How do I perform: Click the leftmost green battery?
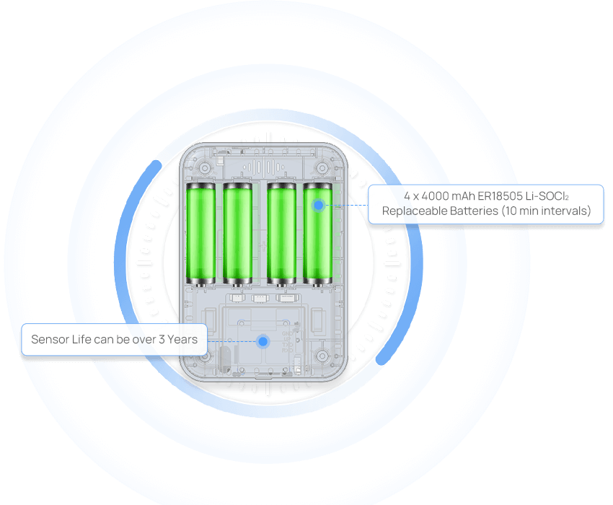click(201, 232)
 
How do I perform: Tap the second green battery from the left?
click(237, 232)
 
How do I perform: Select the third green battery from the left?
click(281, 232)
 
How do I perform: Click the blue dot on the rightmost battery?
click(318, 206)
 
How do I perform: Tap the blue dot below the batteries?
click(263, 341)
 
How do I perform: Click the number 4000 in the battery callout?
click(437, 196)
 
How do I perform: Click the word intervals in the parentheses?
click(561, 211)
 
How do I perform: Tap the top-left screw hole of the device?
click(206, 168)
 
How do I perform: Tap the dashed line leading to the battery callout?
click(346, 205)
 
